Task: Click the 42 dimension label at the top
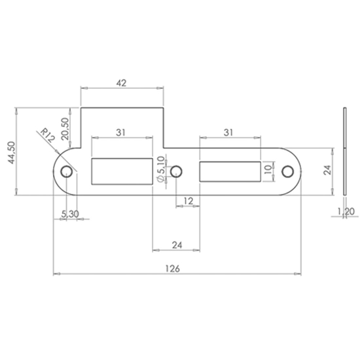click(x=121, y=83)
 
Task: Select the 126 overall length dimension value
click(x=173, y=269)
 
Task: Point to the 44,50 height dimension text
click(x=10, y=154)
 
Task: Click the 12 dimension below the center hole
click(x=187, y=200)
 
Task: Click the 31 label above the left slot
click(x=121, y=132)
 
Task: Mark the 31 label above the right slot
click(x=228, y=132)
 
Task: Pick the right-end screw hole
click(x=287, y=171)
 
